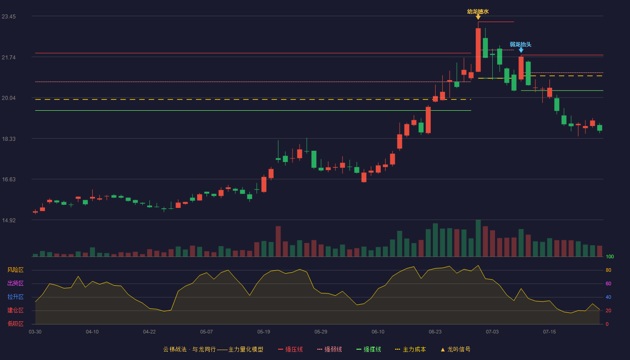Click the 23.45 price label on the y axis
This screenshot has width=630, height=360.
[9, 17]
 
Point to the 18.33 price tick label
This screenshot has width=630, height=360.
[9, 139]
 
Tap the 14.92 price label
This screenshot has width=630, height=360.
[9, 220]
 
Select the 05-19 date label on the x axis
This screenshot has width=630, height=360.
[264, 332]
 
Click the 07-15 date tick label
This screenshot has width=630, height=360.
[549, 332]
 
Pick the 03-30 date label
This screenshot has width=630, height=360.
[35, 332]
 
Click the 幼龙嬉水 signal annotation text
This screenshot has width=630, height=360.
[478, 12]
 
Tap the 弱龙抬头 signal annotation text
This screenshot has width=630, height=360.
[521, 45]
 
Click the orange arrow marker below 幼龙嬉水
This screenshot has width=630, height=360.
[478, 17]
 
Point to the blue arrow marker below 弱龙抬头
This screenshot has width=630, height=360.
[521, 50]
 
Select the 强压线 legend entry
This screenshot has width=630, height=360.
[290, 349]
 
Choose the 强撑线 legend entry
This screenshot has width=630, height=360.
[369, 349]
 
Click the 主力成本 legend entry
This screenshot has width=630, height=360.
[410, 349]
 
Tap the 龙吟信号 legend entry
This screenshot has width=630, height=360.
[455, 349]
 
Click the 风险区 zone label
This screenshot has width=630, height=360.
[15, 270]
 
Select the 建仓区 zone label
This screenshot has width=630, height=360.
[15, 310]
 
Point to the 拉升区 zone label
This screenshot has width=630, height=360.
[15, 297]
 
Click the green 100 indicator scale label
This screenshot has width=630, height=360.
[610, 256]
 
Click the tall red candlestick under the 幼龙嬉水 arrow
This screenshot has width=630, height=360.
[478, 50]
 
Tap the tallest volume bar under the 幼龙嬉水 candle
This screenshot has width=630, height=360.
[478, 238]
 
